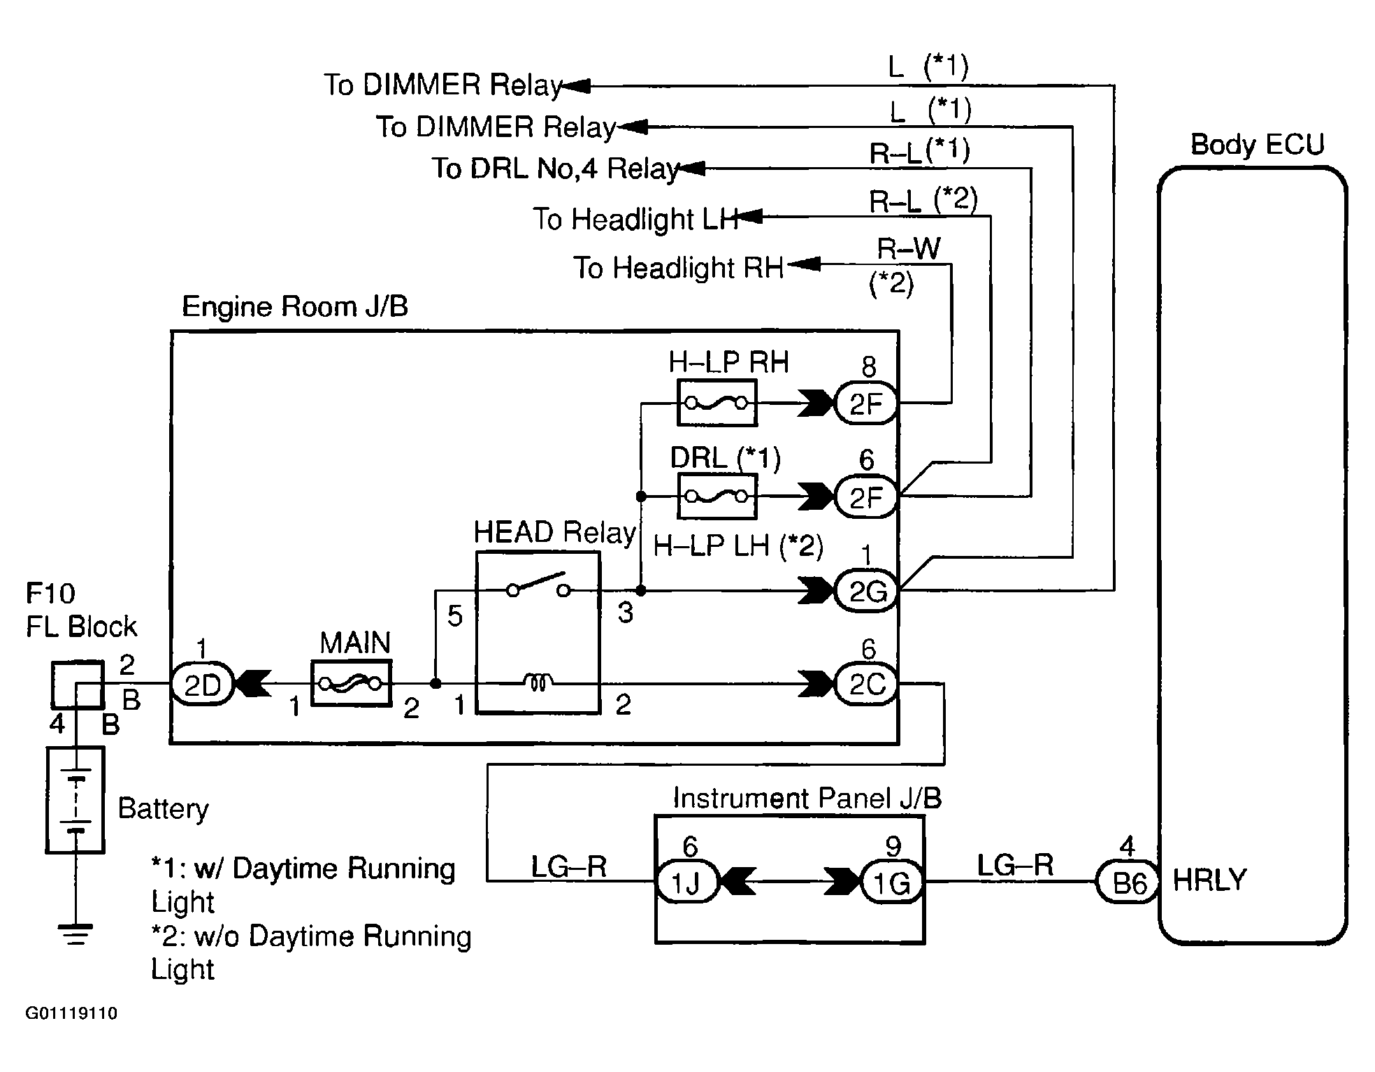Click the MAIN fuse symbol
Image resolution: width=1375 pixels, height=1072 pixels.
tap(350, 683)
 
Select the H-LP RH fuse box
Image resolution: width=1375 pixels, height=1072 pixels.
tap(717, 403)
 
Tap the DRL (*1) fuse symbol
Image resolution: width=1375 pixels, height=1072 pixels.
tap(717, 496)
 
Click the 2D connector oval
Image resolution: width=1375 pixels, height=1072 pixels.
tap(201, 685)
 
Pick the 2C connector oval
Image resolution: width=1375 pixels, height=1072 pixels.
tap(867, 684)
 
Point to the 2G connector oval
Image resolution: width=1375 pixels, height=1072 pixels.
tap(867, 592)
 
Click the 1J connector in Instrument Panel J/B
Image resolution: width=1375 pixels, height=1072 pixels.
tap(686, 882)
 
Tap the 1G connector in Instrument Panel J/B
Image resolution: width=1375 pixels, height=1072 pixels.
tap(891, 882)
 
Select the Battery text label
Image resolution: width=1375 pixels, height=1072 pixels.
tap(163, 808)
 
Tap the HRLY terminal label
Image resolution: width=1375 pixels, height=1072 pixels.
tap(1209, 880)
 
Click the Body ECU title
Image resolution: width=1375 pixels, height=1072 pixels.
tap(1257, 145)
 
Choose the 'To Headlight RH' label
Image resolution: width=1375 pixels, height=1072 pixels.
tap(678, 268)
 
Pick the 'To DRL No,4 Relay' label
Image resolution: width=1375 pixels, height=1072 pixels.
tap(555, 169)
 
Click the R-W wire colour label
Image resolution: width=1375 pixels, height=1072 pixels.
tap(909, 248)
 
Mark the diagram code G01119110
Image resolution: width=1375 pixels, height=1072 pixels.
tap(71, 1013)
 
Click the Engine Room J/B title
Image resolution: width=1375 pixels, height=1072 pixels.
tap(294, 306)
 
